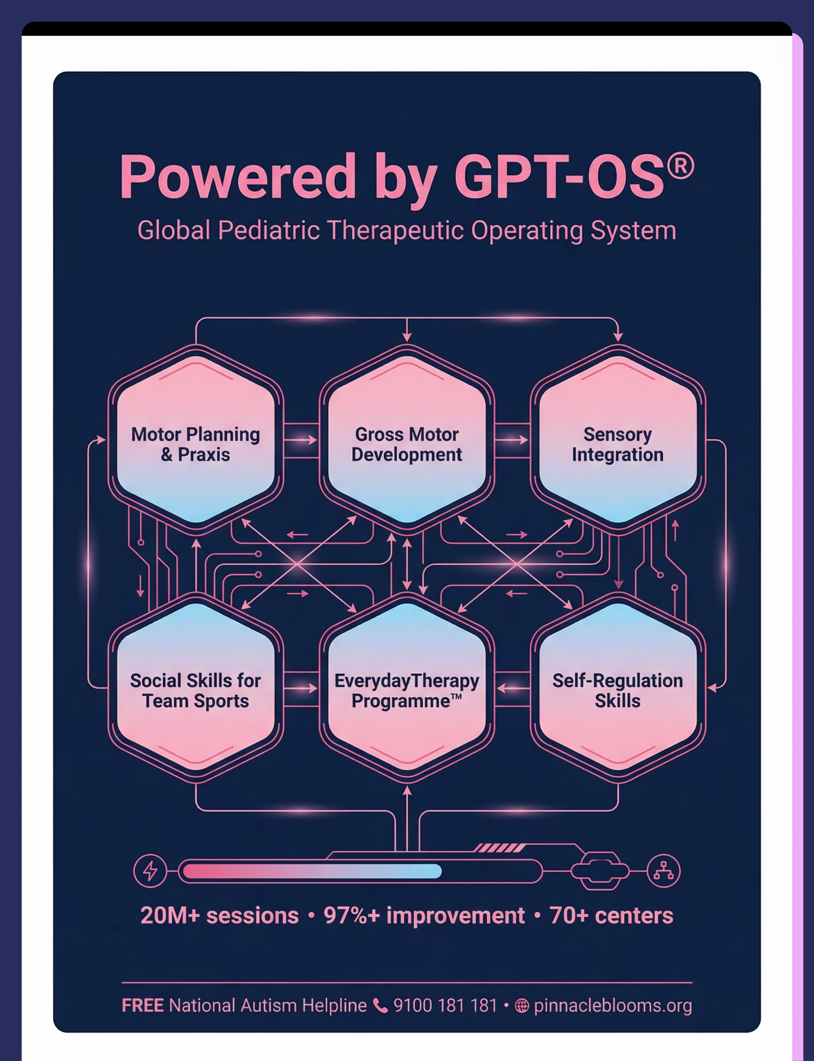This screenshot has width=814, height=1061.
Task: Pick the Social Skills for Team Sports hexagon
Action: tap(196, 688)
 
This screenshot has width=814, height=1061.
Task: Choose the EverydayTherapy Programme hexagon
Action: tap(407, 688)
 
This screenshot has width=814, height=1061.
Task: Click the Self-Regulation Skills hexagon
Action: tap(618, 688)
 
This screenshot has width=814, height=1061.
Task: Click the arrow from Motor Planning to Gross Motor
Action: tap(300, 440)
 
